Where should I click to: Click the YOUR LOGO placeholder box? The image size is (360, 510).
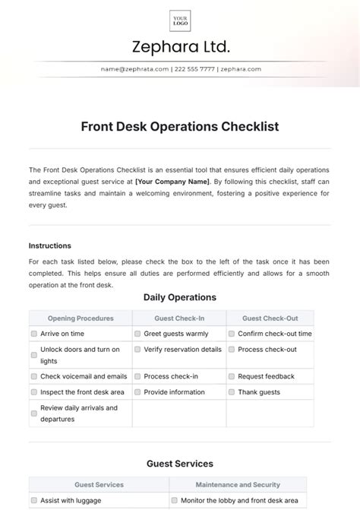point(180,20)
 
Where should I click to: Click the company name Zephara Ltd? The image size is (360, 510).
point(180,47)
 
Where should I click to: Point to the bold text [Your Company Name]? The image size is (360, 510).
point(172,182)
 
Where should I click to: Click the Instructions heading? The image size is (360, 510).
point(50,245)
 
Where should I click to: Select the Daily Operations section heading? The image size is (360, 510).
point(180,297)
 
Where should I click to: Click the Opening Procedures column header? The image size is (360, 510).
point(81,318)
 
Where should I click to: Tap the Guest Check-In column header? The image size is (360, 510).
point(179,318)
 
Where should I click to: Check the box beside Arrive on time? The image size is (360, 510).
point(34,334)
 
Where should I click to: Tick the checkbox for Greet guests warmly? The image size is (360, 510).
point(137,334)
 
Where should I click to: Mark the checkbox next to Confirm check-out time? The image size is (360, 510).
point(231,334)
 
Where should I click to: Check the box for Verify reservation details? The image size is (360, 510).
point(137,350)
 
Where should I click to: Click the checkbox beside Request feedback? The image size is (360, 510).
point(231,376)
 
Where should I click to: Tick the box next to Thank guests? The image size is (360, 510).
point(231,392)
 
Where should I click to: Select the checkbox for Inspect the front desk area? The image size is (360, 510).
point(34,392)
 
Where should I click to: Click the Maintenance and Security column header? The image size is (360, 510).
point(238,484)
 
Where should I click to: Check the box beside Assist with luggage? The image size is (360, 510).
point(34,501)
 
